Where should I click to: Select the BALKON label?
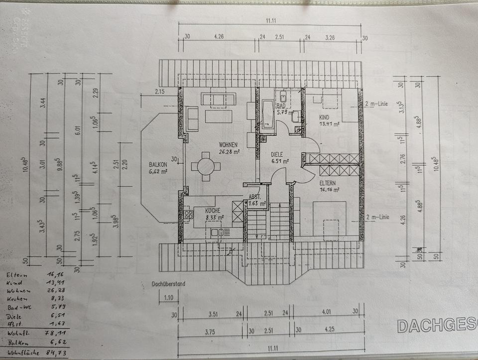(x=158, y=164)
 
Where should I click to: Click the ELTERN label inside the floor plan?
(x=329, y=183)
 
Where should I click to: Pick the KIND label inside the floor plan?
(x=324, y=117)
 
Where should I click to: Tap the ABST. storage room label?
(x=254, y=197)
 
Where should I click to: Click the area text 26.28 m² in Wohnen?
(x=230, y=152)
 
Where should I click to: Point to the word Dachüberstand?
(x=168, y=284)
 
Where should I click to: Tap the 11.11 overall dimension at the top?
(x=271, y=20)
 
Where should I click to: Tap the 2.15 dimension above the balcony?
(x=159, y=91)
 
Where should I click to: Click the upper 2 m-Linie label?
(x=376, y=104)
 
